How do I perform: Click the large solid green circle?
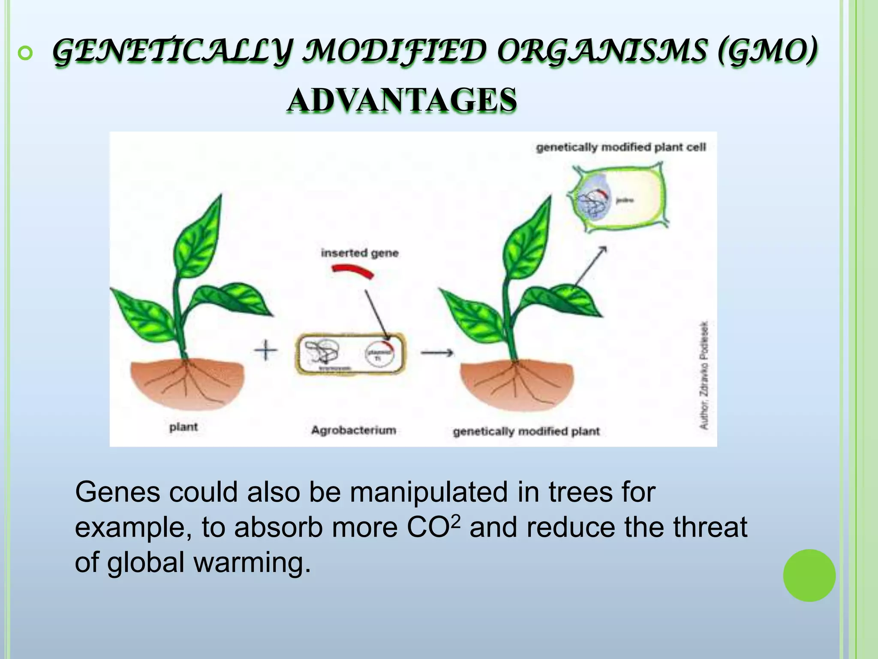(x=809, y=575)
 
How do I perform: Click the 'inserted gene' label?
(x=360, y=253)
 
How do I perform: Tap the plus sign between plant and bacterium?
(x=266, y=351)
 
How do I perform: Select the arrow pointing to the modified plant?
(x=437, y=353)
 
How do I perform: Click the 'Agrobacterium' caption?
(x=353, y=430)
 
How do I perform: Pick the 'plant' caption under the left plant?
(x=183, y=427)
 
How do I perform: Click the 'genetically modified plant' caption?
(x=526, y=431)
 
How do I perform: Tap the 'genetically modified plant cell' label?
(x=620, y=148)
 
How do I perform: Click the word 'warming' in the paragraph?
(x=252, y=562)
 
